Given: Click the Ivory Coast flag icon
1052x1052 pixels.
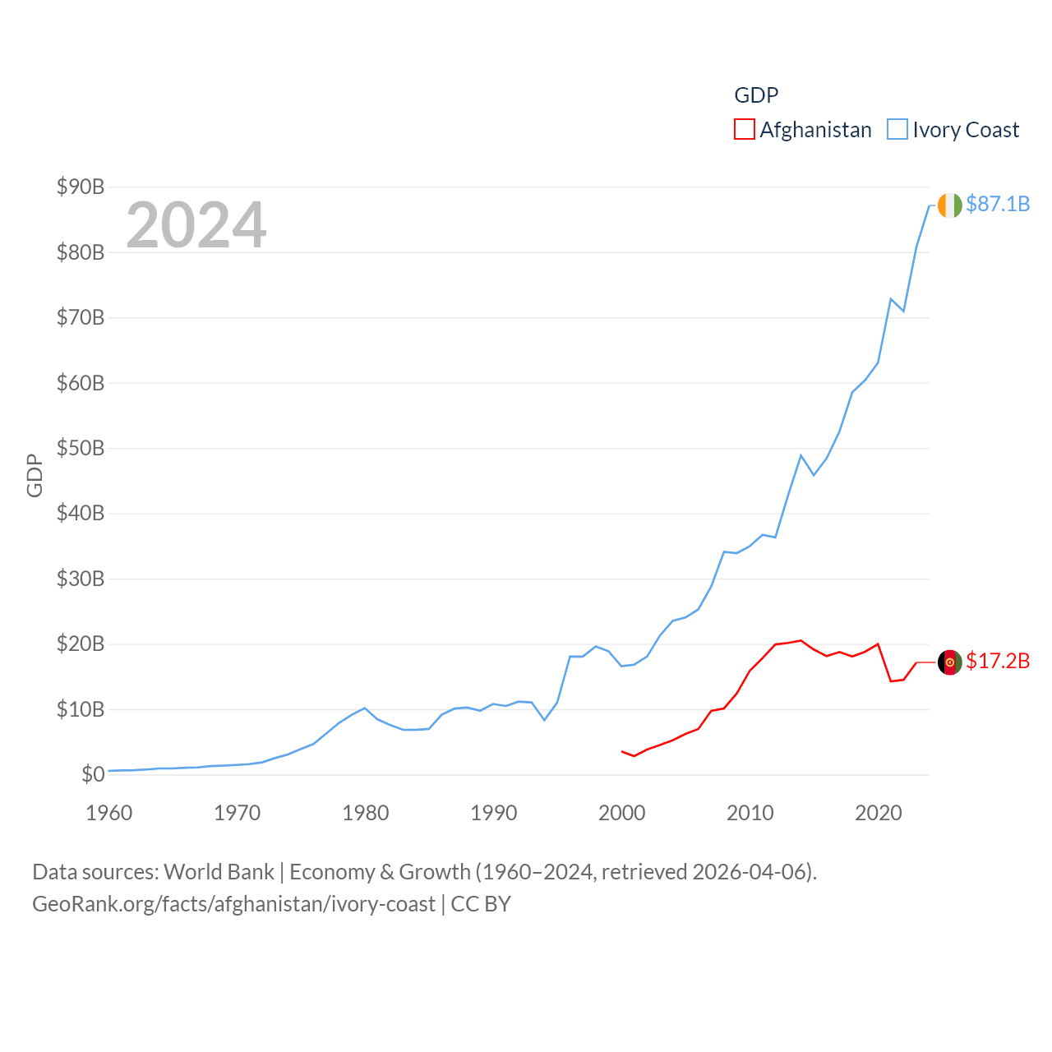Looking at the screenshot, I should [949, 205].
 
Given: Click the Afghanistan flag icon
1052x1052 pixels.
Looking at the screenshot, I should [949, 662].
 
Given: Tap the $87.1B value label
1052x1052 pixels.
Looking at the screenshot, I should [998, 204].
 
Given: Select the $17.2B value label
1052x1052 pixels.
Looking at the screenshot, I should [998, 661].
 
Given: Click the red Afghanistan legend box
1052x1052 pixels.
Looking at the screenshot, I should [744, 130].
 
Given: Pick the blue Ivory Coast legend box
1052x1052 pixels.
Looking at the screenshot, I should [897, 130].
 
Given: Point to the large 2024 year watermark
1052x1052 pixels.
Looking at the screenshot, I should [196, 225].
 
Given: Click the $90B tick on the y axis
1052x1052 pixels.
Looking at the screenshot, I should [81, 187].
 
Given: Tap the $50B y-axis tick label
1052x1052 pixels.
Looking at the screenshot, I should [81, 448].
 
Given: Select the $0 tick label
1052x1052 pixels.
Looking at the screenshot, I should [93, 774].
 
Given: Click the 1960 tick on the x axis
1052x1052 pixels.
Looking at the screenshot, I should [109, 813].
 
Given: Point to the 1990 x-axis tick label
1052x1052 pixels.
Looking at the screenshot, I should [494, 813].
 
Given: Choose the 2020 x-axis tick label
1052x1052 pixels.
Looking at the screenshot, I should [879, 813].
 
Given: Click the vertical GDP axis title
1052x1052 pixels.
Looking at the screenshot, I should [35, 476].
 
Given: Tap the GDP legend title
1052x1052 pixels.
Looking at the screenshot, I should [756, 95].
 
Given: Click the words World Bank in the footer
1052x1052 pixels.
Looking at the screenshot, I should [219, 871].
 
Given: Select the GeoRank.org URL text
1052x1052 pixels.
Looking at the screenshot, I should [233, 904].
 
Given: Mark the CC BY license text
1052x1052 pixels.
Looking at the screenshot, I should [481, 904].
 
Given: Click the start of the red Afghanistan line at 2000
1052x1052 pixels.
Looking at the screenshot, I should [622, 751].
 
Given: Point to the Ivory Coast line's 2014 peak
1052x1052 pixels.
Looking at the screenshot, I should [801, 455].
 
